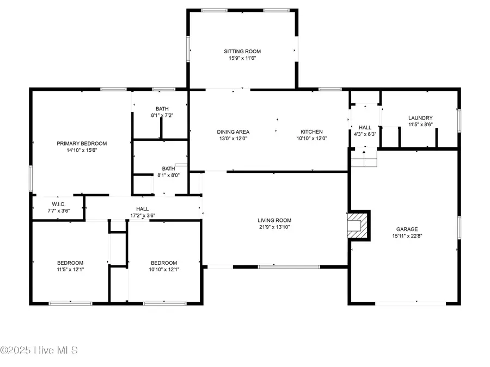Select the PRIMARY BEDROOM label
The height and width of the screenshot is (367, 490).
pos(82,144)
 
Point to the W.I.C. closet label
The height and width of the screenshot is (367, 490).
pos(58,204)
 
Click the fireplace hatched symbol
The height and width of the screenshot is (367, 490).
pos(358,225)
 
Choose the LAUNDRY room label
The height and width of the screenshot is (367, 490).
pos(420,118)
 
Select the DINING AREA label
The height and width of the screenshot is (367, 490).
pos(233,132)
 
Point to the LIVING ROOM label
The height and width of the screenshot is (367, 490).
pos(275,220)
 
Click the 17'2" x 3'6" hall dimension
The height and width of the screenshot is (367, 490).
pos(142,215)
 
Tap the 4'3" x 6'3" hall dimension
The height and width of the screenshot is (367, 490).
pos(365,134)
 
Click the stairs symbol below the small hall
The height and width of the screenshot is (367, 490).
pos(364,159)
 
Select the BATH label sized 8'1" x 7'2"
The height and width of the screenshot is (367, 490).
pos(162,109)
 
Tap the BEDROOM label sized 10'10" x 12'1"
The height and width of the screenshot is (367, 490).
pos(164,263)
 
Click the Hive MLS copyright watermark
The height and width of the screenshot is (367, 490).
pos(39,350)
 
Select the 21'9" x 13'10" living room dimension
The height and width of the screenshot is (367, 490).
pos(275,227)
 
